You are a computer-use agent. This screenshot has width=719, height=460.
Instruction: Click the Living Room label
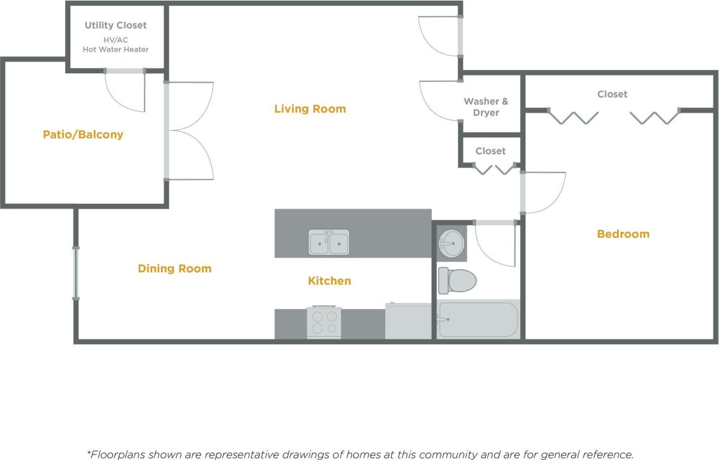click(309, 109)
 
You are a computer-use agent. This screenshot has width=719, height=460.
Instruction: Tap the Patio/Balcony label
click(83, 134)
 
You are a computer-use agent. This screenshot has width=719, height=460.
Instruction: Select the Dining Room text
click(175, 269)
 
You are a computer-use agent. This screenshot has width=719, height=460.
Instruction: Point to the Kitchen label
click(329, 281)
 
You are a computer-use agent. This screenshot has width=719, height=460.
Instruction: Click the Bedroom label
click(623, 234)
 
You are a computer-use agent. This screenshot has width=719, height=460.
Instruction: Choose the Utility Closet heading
click(116, 25)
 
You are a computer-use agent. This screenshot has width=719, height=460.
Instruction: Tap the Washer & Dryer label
click(485, 107)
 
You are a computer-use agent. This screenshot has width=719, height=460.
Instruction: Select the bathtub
click(477, 320)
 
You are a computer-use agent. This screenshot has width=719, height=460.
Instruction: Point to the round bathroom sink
click(451, 241)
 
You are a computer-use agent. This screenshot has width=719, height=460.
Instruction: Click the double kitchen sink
click(329, 242)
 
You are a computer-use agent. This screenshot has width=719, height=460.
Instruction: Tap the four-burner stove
click(324, 322)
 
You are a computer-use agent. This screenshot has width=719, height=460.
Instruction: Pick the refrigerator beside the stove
click(408, 321)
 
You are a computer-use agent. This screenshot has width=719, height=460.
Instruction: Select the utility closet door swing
click(126, 92)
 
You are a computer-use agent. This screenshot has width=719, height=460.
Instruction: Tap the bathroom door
click(495, 244)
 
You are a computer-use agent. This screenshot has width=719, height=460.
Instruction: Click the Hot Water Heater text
click(116, 49)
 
